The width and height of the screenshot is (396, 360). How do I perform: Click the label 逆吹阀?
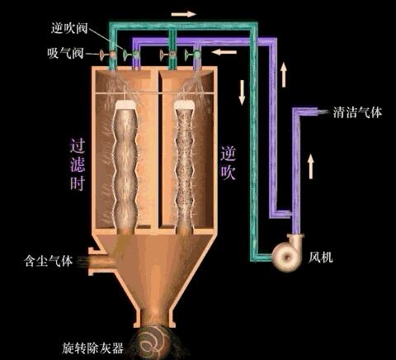pos(69,28)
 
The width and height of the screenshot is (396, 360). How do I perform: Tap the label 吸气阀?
pos(65,53)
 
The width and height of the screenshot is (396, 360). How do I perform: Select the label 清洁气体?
pos(357,112)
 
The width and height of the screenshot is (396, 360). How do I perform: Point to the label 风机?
pos(320,258)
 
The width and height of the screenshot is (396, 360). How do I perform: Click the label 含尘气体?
pos(49,261)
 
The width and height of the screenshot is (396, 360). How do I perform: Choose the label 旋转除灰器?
pos(92,348)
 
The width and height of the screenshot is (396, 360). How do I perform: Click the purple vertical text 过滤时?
pos(78,164)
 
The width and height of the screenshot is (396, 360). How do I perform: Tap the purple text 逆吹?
pos(228,163)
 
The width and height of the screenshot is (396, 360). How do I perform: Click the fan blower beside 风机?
pos(288,253)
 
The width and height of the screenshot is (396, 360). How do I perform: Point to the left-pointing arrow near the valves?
pos(224,52)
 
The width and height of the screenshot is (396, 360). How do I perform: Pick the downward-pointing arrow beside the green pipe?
pos(242,92)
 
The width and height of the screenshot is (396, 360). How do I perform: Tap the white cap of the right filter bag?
pos(185,105)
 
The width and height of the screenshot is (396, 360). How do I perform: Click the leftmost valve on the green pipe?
pos(112,54)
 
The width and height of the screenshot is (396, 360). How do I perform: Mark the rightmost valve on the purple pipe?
pos(196,54)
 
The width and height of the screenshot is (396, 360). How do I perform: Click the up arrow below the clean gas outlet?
pos(311,166)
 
